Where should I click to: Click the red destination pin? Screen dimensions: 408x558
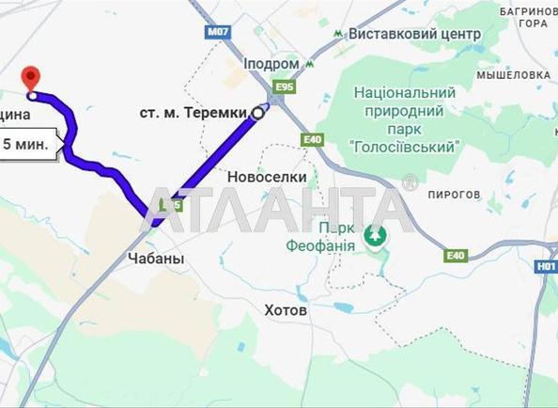click(x=31, y=78)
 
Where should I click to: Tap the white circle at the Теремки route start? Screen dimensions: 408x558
click(x=256, y=113)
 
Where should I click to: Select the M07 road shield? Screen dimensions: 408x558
click(x=218, y=32)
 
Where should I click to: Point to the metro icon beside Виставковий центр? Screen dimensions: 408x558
click(x=338, y=33)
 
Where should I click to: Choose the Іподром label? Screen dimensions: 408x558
click(x=271, y=64)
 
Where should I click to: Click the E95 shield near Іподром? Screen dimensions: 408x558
click(x=278, y=87)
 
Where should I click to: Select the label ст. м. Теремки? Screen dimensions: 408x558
click(x=194, y=113)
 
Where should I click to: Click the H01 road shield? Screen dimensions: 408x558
click(x=547, y=266)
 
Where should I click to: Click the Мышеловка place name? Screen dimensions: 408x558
click(x=513, y=74)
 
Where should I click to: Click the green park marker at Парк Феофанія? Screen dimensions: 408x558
click(x=376, y=235)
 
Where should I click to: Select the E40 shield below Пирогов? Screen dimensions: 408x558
click(x=456, y=256)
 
